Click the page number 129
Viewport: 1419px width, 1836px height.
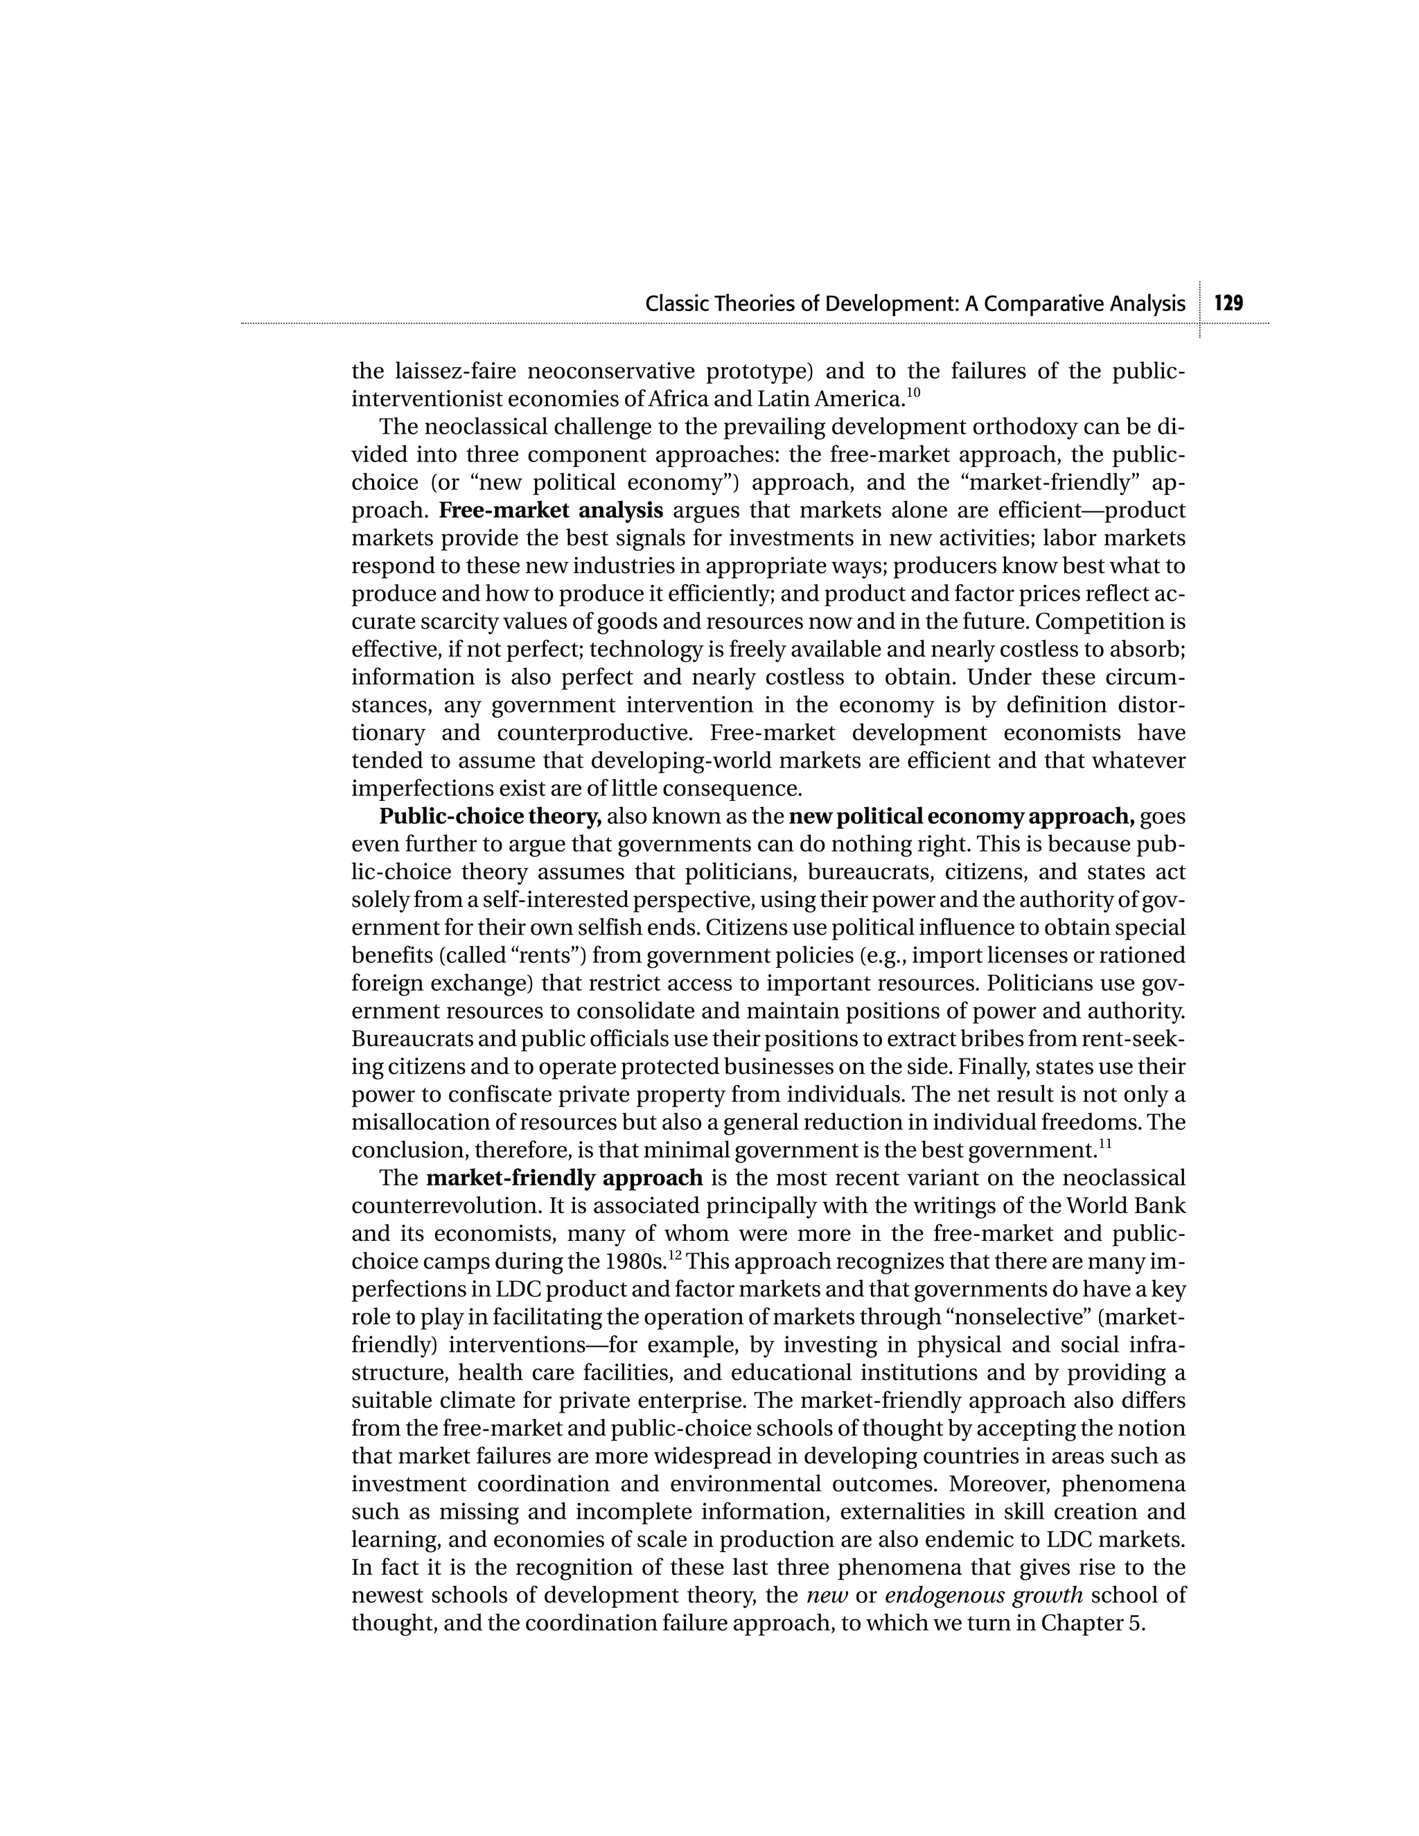1228,303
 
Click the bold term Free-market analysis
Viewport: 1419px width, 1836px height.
551,511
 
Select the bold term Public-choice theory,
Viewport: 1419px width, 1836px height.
490,816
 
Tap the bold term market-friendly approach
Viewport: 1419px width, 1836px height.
564,1178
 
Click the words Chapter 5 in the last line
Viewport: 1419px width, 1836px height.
1092,1623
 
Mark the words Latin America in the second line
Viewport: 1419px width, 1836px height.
829,398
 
